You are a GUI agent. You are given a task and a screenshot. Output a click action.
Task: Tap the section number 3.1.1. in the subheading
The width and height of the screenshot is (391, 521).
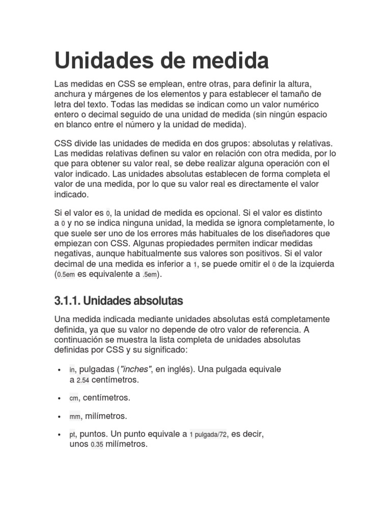(x=67, y=301)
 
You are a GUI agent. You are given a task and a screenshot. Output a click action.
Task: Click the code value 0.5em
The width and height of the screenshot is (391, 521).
(x=66, y=275)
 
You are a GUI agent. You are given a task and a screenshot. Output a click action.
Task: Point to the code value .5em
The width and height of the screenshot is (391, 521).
(x=149, y=275)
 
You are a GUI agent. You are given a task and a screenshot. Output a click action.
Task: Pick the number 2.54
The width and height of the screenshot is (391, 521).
(x=82, y=380)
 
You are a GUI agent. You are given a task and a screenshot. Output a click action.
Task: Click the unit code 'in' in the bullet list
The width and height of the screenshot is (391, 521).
(x=72, y=370)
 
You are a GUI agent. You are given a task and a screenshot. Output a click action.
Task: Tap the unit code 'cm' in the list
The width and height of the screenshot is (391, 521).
(x=74, y=398)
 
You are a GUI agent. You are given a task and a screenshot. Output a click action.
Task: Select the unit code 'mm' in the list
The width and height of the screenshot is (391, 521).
(x=75, y=417)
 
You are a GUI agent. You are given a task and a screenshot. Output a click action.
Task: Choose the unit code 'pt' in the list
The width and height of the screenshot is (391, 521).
(x=72, y=436)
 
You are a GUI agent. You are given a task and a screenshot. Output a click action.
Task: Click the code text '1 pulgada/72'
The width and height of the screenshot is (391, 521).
(x=208, y=436)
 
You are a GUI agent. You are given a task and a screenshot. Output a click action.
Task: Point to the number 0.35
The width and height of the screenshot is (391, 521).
(x=97, y=445)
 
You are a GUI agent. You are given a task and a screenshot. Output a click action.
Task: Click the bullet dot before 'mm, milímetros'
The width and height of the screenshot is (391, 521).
(x=60, y=417)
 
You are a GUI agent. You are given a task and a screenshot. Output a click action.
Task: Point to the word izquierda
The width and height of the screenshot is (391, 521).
(x=314, y=264)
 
